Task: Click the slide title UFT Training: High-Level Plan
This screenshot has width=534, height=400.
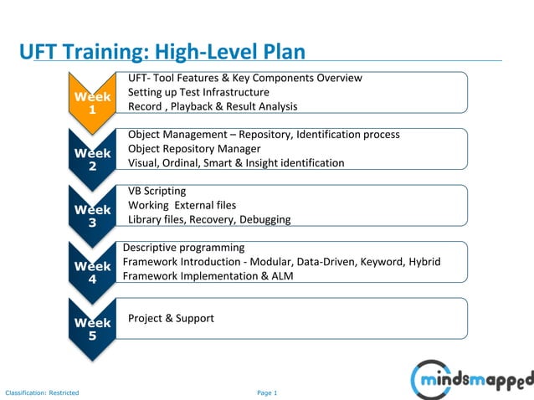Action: (x=162, y=52)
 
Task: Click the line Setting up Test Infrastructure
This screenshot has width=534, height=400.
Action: (x=198, y=92)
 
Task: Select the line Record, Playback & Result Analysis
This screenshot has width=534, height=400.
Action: (x=213, y=106)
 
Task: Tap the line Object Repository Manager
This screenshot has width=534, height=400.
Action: (x=194, y=149)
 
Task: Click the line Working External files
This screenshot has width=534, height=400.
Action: (x=182, y=205)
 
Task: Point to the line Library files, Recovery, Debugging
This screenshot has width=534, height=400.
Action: (x=209, y=219)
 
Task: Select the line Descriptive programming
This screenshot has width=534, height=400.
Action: (x=184, y=248)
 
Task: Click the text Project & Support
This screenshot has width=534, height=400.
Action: (x=171, y=318)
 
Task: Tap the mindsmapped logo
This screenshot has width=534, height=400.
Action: (x=471, y=379)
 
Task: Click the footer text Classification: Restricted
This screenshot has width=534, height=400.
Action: (x=42, y=392)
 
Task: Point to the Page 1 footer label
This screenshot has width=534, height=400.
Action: (x=267, y=392)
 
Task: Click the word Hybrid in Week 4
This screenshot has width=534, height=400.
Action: (x=424, y=261)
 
